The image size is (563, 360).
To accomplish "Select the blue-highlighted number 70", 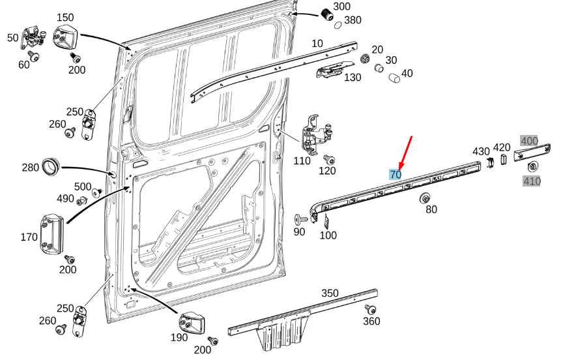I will tap(395, 174).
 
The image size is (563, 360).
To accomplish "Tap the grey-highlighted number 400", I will tap(529, 141).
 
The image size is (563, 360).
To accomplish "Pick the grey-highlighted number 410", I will tap(532, 181).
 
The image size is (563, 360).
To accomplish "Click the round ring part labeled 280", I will tap(50, 166).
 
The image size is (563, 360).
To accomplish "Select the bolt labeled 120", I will tap(329, 159).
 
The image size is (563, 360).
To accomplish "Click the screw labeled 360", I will tap(370, 308).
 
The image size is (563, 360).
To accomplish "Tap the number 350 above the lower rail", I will tap(330, 293).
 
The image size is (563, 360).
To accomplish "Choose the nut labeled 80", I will tap(425, 198).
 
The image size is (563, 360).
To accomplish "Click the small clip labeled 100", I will tap(325, 222).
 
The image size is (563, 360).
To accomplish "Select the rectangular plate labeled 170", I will tap(51, 232).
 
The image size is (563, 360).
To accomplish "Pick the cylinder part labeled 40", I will tap(393, 79).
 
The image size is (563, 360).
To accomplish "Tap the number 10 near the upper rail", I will tap(317, 44).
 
